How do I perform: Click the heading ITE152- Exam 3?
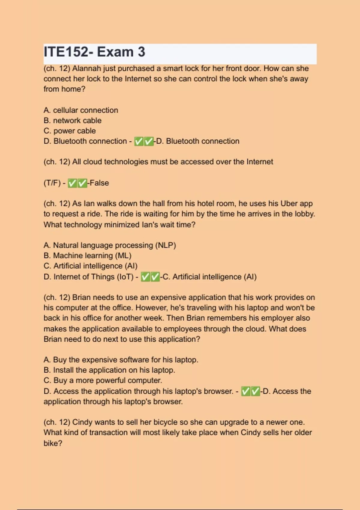pyautogui.click(x=94, y=52)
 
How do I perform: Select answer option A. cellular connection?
pyautogui.click(x=81, y=110)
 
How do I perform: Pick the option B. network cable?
pyautogui.click(x=72, y=121)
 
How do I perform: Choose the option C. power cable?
pyautogui.click(x=70, y=131)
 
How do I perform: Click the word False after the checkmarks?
pyautogui.click(x=99, y=183)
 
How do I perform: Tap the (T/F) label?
pyautogui.click(x=52, y=183)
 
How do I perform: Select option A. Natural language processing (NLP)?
pyautogui.click(x=109, y=245)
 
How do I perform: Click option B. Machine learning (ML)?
pyautogui.click(x=87, y=256)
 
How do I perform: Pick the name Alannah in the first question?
pyautogui.click(x=86, y=68)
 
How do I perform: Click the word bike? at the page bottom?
pyautogui.click(x=53, y=443)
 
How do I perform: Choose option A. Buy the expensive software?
pyautogui.click(x=121, y=360)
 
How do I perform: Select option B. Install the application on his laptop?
pyautogui.click(x=109, y=370)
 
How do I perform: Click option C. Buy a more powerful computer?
pyautogui.click(x=103, y=380)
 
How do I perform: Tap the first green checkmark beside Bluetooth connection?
pyautogui.click(x=139, y=141)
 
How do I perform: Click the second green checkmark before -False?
pyautogui.click(x=82, y=183)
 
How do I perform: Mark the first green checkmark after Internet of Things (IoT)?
pyautogui.click(x=145, y=277)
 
